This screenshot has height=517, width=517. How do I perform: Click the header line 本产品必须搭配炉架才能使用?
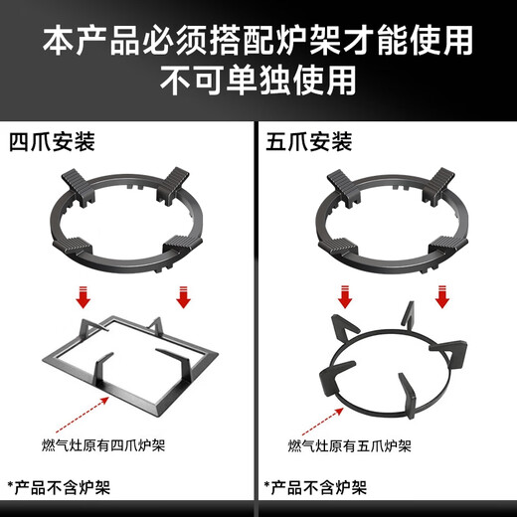(x=258, y=40)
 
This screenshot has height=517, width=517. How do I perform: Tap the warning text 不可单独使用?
(x=258, y=80)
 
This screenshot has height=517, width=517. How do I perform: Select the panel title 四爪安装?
(x=52, y=142)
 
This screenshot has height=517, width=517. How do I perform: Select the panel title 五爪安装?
(x=310, y=142)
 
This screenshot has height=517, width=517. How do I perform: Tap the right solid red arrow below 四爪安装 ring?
(x=182, y=296)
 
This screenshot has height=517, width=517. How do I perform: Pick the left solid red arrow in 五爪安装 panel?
(x=346, y=296)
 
